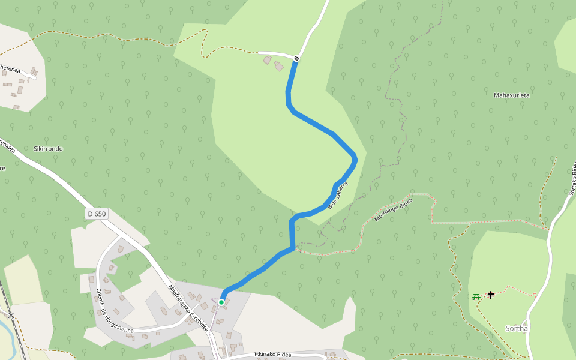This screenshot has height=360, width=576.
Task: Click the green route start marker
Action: pyautogui.click(x=221, y=302)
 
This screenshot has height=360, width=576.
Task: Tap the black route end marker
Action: pyautogui.click(x=296, y=58)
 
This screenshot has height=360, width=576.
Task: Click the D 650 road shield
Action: pyautogui.click(x=96, y=214)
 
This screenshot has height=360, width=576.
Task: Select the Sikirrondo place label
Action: pyautogui.click(x=49, y=148)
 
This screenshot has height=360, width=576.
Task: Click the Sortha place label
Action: pyautogui.click(x=517, y=328)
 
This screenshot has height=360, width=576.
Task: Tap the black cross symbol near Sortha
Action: pyautogui.click(x=491, y=295)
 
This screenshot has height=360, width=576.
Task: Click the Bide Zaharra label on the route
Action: pyautogui.click(x=338, y=195)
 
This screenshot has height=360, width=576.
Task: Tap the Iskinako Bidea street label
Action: pyautogui.click(x=272, y=354)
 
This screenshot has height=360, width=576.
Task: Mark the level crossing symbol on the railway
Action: pyautogui.click(x=10, y=315)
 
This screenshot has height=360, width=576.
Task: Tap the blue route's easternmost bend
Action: pyautogui.click(x=356, y=158)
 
